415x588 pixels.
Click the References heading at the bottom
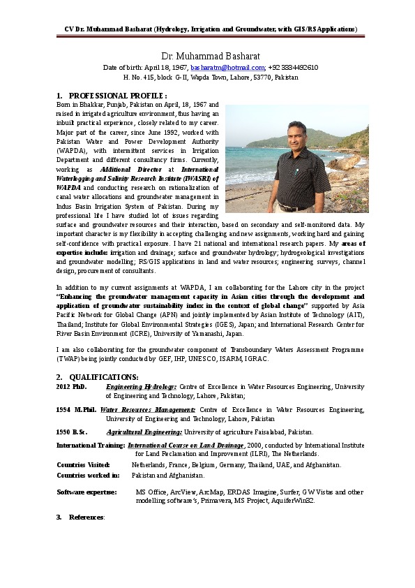86,517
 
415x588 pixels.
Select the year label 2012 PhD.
71,386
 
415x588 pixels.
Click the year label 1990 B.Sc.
72,432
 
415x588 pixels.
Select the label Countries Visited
83,464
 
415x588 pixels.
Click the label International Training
90,445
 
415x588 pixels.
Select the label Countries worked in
87,475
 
